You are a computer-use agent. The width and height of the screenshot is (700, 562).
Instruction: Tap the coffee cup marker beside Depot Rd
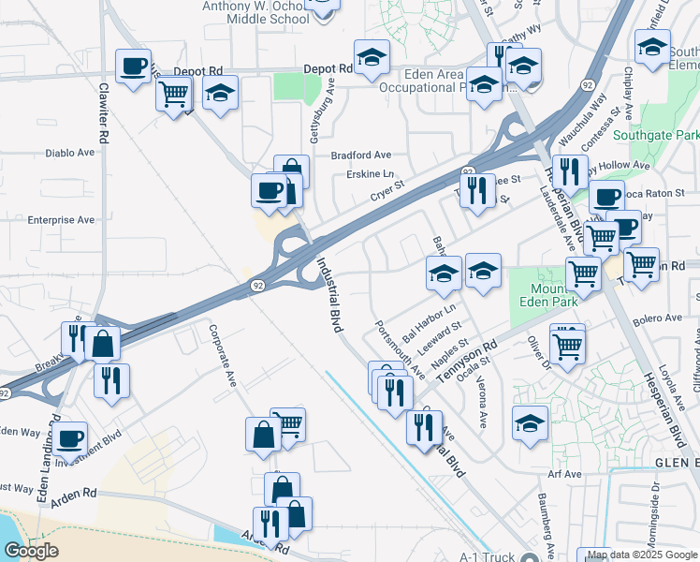(133, 67)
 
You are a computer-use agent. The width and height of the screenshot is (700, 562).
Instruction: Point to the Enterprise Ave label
(61, 219)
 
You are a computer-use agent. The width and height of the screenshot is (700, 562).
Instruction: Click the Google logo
(31, 551)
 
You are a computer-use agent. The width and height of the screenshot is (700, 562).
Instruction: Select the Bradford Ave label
(360, 155)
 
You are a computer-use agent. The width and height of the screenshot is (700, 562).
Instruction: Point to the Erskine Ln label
(370, 174)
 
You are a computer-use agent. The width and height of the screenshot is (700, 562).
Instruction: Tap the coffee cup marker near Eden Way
(69, 437)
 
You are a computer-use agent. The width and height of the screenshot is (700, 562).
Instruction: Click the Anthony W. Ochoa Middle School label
(256, 12)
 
